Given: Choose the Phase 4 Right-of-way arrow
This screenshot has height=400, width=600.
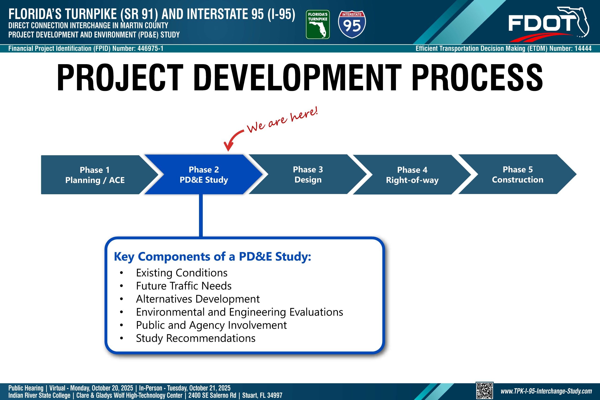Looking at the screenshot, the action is (x=412, y=175).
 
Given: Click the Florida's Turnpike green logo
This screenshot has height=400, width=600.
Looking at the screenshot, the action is (x=318, y=25).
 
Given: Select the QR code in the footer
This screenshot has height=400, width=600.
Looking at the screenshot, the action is (x=484, y=391).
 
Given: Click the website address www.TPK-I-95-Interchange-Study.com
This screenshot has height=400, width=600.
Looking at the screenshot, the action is (x=546, y=391).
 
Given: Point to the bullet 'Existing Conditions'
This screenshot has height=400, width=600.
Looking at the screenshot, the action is (x=182, y=273).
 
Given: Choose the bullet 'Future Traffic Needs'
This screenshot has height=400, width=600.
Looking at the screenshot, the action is (x=184, y=286).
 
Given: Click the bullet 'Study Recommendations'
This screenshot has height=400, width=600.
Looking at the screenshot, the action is (x=196, y=338).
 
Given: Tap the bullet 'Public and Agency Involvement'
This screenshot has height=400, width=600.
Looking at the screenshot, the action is (x=211, y=325).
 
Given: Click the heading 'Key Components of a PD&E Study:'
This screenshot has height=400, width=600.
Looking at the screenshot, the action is (x=213, y=257).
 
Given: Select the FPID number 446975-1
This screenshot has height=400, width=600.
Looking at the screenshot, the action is (x=150, y=49).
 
